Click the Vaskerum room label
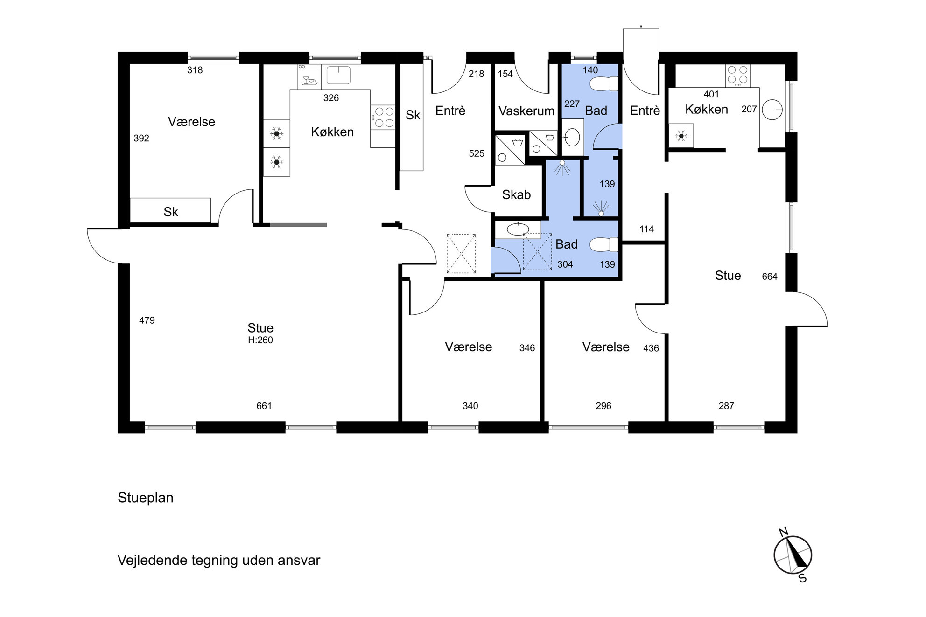[x=526, y=111]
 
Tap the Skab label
[x=516, y=194]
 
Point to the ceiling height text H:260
[x=260, y=340]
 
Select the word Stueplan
[x=146, y=498]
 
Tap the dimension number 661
[x=264, y=406]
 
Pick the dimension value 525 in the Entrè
[x=477, y=153]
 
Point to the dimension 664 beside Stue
[x=770, y=277]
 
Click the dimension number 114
[x=647, y=229]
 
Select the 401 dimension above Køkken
[x=711, y=94]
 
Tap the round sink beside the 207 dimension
[x=772, y=110]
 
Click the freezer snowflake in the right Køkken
[x=681, y=136]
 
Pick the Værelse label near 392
[x=191, y=122]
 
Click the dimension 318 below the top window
[x=195, y=70]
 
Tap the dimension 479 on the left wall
[x=147, y=320]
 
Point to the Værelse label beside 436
[x=606, y=347]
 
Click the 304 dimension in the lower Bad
[x=565, y=264]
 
